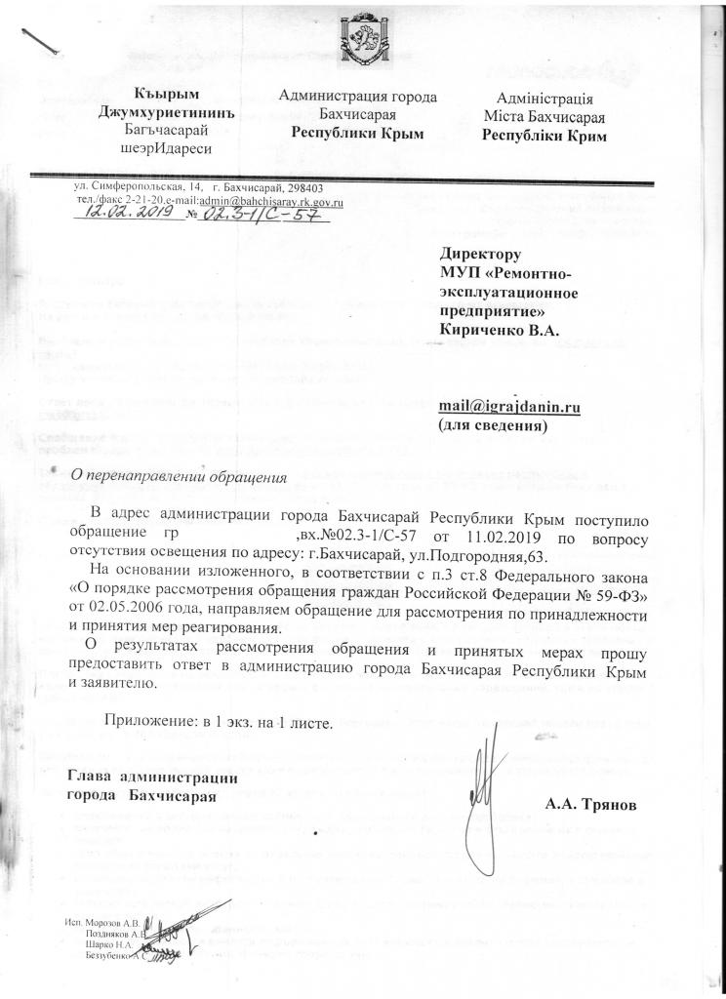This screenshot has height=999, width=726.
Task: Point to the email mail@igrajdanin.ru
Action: [508, 409]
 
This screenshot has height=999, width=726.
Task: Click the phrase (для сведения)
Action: [491, 426]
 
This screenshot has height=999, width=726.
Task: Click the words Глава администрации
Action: [152, 778]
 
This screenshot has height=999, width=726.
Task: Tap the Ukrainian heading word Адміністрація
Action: [545, 99]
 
